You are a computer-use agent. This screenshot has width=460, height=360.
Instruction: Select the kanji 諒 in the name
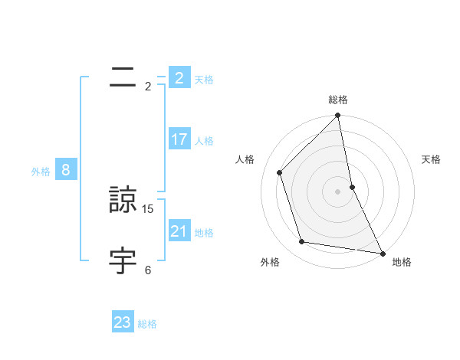[x=123, y=201]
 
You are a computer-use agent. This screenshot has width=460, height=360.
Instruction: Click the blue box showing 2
[x=179, y=78]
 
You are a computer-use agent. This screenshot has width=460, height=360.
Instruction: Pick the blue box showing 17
[x=179, y=139]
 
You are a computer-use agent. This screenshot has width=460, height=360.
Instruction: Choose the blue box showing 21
[x=179, y=231]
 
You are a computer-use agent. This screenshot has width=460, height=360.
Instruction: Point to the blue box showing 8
[x=66, y=170]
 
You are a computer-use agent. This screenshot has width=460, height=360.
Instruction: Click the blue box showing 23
[x=123, y=322]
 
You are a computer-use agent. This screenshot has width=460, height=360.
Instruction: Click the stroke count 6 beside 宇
[x=148, y=270]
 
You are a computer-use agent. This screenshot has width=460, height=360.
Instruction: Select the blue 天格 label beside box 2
[x=204, y=80]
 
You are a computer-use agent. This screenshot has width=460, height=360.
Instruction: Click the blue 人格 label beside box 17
[x=204, y=141]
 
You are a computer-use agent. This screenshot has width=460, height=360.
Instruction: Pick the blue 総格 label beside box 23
[x=147, y=324]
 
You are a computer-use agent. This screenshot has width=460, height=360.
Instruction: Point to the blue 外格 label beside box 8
[x=41, y=172]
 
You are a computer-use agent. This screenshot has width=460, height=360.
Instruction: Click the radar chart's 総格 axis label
[x=338, y=100]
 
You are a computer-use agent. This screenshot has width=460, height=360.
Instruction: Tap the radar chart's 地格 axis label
[x=402, y=263]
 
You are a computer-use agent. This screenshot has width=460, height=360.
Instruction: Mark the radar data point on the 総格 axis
[x=338, y=116]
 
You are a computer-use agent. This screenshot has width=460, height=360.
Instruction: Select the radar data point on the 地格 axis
[x=383, y=253]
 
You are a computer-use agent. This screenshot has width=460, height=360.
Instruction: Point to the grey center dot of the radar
[x=338, y=191]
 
